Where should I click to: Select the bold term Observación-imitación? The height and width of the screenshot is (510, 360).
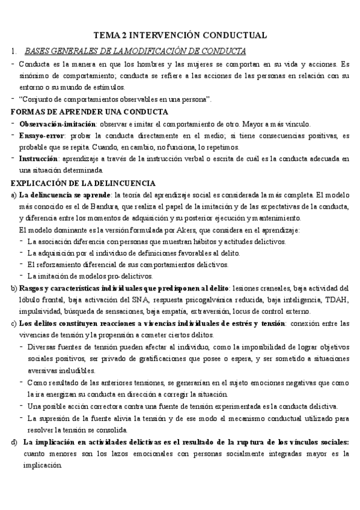49,124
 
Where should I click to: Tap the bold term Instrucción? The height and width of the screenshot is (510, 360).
40,159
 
